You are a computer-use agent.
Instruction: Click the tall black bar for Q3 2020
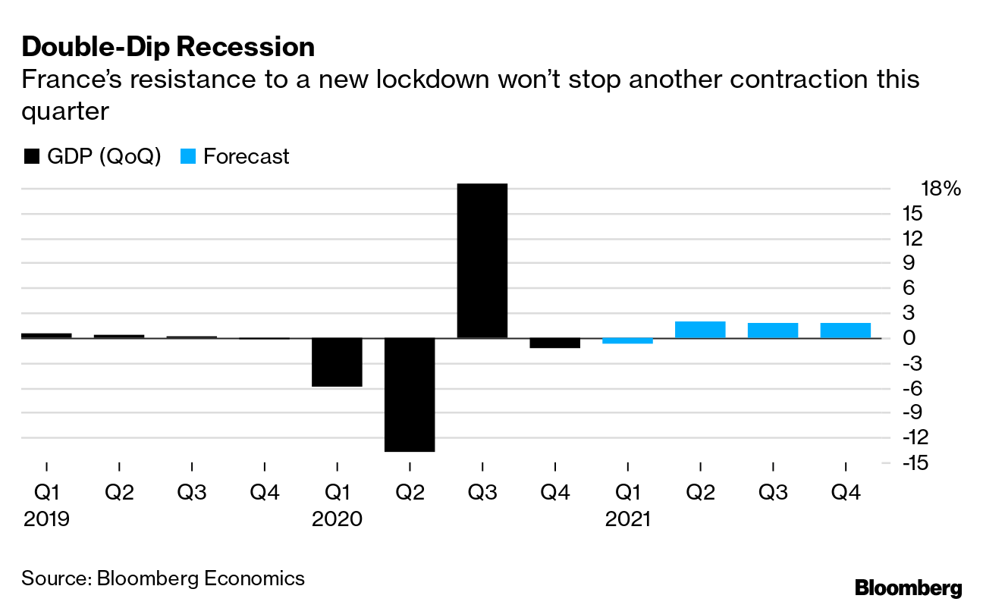coord(482,261)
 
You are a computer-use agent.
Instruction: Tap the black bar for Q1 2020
coord(338,362)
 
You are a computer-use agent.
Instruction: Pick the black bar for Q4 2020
coord(554,343)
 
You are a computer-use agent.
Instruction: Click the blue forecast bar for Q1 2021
coord(627,341)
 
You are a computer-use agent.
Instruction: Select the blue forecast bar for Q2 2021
coord(700,330)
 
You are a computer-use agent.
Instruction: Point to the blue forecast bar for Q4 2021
coord(845,331)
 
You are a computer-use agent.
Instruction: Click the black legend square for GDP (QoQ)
coord(32,157)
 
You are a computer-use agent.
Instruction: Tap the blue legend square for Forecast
coord(189,157)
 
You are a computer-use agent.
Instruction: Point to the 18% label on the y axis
coord(941,189)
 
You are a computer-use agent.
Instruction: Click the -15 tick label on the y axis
coord(915,462)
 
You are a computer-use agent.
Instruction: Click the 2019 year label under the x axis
coord(46,519)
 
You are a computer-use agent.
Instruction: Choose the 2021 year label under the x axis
coord(627,519)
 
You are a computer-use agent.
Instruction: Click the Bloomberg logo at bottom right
coord(908,588)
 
